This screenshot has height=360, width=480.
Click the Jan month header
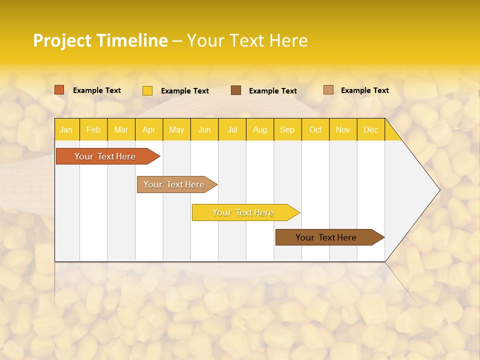point(66,129)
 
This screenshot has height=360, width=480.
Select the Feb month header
point(93,129)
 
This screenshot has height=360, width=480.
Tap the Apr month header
point(149,129)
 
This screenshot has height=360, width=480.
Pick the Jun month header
point(204,129)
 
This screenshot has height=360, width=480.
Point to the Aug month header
point(260,129)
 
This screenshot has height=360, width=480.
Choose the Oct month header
point(315,129)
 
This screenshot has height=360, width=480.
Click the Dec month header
point(371,129)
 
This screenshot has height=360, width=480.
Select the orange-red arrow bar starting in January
point(105,156)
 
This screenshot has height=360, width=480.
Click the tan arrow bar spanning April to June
point(174,184)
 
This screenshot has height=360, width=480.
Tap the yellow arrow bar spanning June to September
point(243,212)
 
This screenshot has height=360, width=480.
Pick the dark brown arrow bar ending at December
point(326,237)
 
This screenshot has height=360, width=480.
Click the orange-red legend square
point(59,90)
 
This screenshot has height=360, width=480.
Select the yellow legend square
point(147,90)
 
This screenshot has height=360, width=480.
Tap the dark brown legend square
point(236,90)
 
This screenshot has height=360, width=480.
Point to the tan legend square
point(328,90)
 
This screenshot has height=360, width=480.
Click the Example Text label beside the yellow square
point(185,91)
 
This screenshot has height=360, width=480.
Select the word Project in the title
point(62,40)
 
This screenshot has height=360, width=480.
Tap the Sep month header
point(287,129)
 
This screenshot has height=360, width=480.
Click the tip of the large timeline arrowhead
point(439,189)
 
